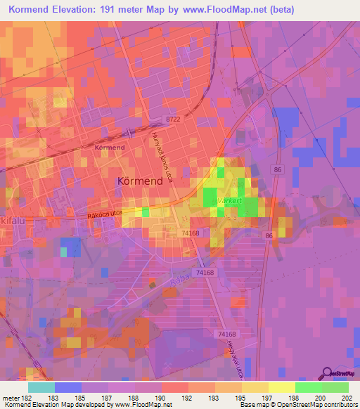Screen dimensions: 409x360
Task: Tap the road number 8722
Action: point(173,121)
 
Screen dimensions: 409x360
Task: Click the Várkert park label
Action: point(226,200)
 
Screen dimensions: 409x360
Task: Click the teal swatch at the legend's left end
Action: point(41,387)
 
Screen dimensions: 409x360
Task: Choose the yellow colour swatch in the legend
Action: point(281,387)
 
